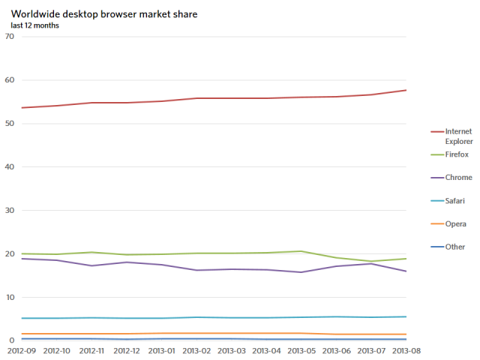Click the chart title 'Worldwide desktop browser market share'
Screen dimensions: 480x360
(x=104, y=14)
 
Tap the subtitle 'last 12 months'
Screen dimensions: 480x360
(x=35, y=25)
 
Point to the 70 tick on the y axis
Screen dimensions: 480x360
(x=10, y=37)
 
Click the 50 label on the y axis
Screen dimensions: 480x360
(x=10, y=123)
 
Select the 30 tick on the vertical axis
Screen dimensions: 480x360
(x=10, y=210)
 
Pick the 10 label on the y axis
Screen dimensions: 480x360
(x=10, y=297)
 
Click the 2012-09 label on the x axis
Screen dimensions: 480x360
(x=22, y=351)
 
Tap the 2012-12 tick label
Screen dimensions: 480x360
(x=127, y=351)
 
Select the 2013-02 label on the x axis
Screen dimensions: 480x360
(x=196, y=351)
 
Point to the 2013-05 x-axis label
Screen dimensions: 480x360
(x=301, y=351)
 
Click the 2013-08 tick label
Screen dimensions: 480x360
(x=406, y=351)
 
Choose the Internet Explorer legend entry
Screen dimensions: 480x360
(x=451, y=136)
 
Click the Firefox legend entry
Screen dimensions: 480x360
(x=449, y=154)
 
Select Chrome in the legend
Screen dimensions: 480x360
(x=451, y=177)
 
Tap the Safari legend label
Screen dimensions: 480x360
(x=448, y=201)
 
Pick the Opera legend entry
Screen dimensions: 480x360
(x=448, y=223)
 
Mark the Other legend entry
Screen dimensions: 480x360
(x=448, y=247)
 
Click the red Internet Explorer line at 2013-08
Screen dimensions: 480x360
(x=406, y=90)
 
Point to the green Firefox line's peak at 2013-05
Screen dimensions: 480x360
(x=301, y=251)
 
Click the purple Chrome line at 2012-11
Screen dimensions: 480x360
(x=91, y=265)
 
